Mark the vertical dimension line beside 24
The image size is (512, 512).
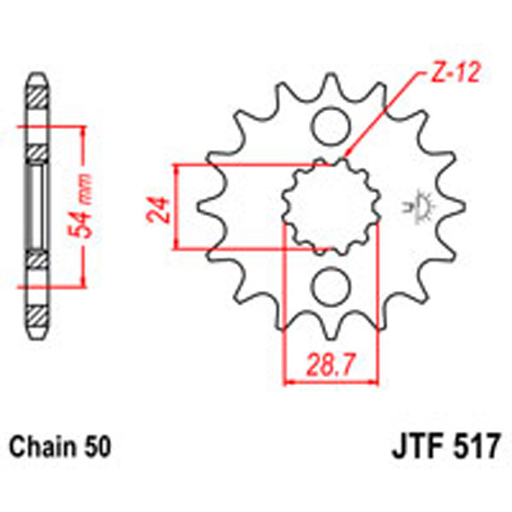(x=177, y=207)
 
